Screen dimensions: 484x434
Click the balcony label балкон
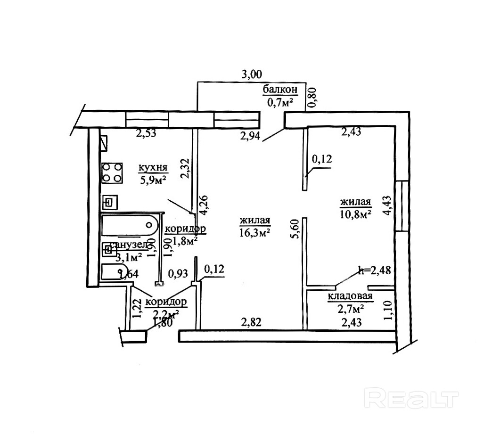tap(280, 90)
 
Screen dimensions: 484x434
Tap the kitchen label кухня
tap(152, 168)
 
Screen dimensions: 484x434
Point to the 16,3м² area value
tap(254, 232)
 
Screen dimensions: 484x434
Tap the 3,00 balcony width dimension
tap(251, 74)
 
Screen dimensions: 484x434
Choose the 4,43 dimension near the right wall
tap(387, 206)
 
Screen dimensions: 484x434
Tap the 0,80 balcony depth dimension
tap(312, 98)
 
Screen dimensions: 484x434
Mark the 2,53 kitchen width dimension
tap(146, 133)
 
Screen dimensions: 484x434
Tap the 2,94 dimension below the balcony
tap(250, 137)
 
